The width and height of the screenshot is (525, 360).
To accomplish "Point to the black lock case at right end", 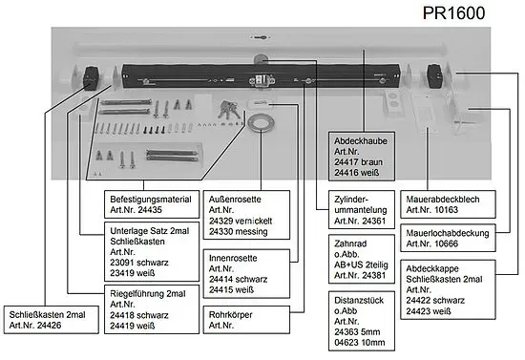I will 436,75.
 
